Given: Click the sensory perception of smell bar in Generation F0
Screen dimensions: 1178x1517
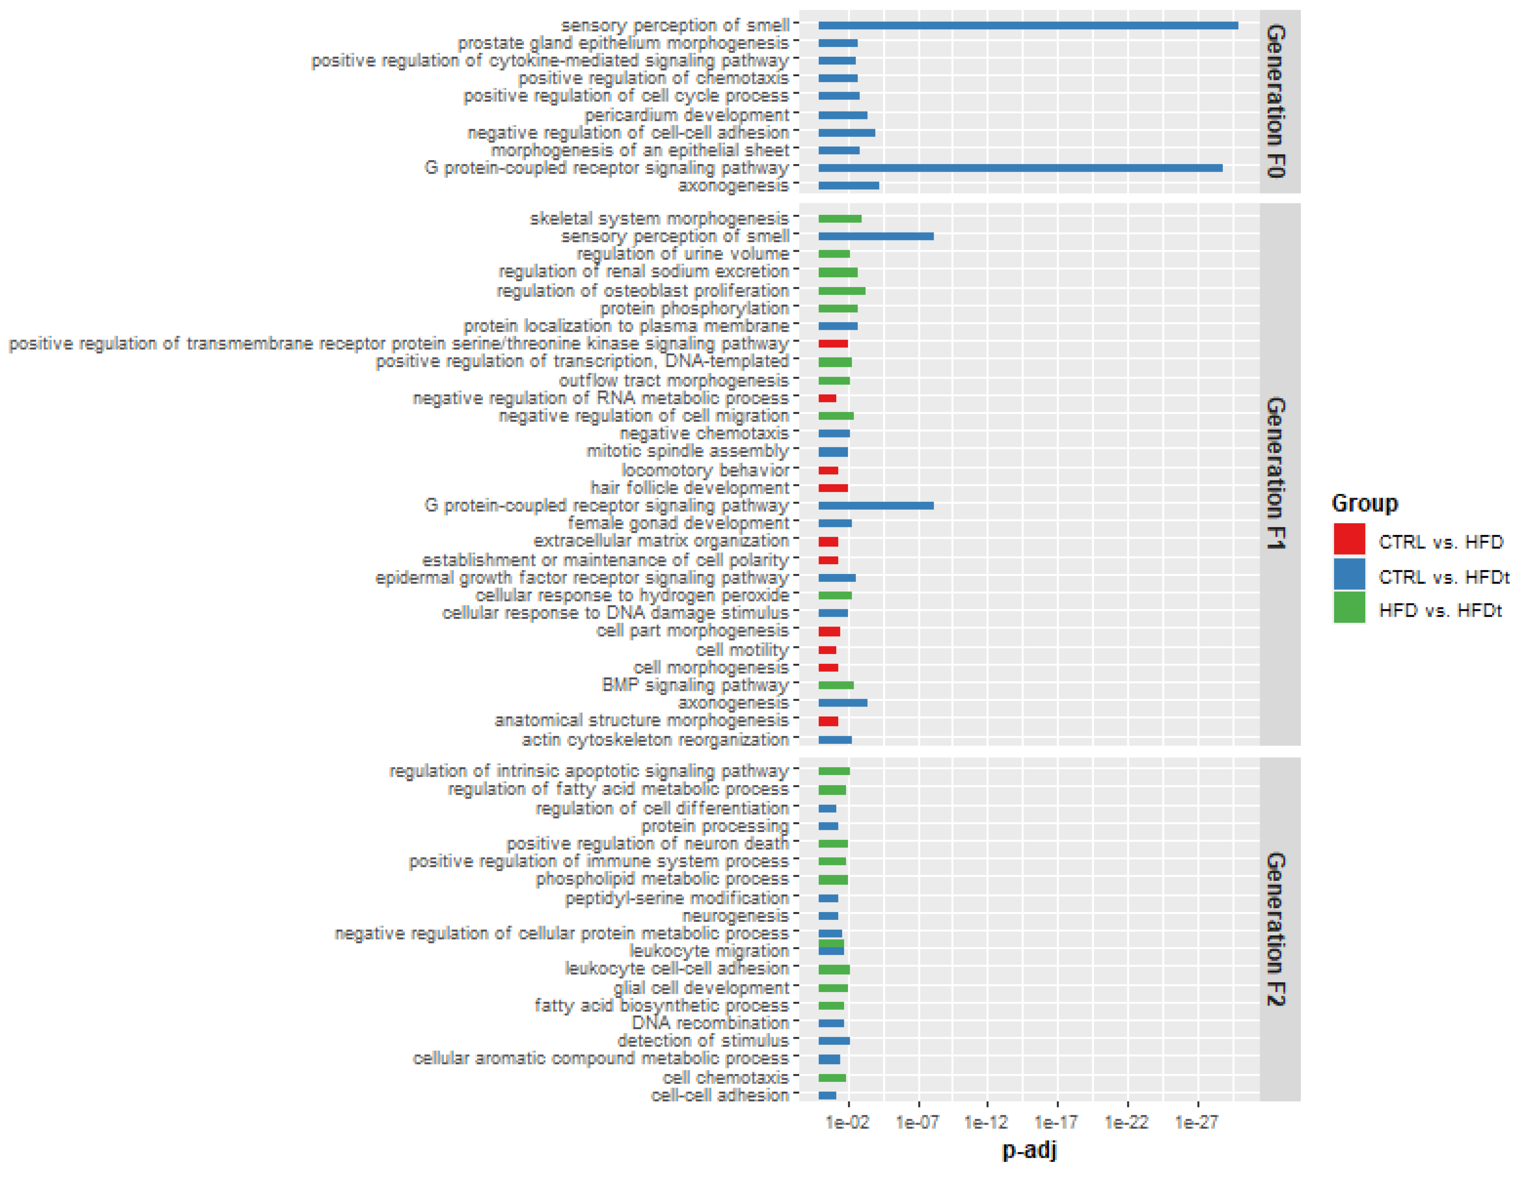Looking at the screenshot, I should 1028,26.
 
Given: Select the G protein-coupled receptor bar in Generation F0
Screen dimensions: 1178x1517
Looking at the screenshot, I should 1020,168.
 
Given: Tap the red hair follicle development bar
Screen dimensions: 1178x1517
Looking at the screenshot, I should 833,488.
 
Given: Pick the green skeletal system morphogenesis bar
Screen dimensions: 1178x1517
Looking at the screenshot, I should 840,219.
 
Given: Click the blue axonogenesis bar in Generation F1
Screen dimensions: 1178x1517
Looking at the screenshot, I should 843,703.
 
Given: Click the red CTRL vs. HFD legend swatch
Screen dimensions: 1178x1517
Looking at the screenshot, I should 1349,540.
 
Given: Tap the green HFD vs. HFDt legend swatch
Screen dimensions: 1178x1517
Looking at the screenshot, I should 1349,609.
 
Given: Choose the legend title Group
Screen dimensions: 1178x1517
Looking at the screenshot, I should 1364,503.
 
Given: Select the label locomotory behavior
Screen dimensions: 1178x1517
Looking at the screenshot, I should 705,470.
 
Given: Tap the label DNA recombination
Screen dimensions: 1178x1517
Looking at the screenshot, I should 710,1023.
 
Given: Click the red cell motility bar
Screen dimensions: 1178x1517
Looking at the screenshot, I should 827,650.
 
